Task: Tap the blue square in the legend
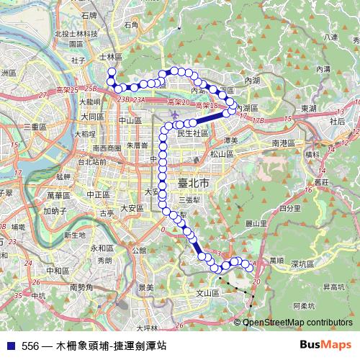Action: (9, 346)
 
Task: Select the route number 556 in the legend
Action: (30, 346)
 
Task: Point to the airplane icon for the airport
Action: (174, 115)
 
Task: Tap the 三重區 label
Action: (35, 126)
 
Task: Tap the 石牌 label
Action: (89, 14)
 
